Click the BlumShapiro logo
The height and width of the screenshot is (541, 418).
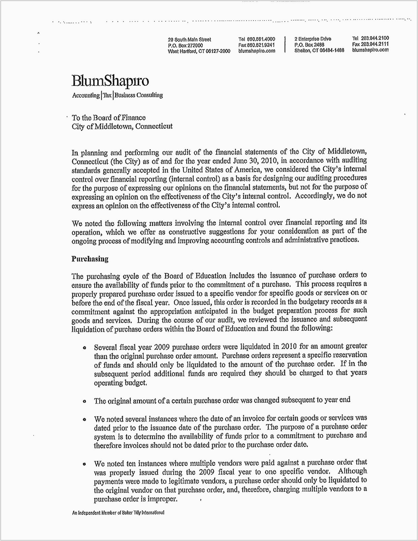pyautogui.click(x=110, y=81)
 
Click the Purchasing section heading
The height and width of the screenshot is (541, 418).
pyautogui.click(x=90, y=259)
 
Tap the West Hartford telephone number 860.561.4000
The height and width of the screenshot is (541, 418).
pyautogui.click(x=261, y=39)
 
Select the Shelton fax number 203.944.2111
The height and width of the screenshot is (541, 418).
pyautogui.click(x=371, y=44)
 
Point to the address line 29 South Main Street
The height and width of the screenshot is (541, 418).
pyautogui.click(x=189, y=39)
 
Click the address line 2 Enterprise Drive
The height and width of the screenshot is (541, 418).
pyautogui.click(x=313, y=39)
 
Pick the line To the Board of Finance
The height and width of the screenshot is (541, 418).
pyautogui.click(x=109, y=118)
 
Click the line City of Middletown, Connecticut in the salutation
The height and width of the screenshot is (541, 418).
pyautogui.click(x=122, y=126)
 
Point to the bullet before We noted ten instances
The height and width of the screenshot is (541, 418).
pyautogui.click(x=84, y=464)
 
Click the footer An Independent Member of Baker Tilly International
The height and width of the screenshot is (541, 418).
pyautogui.click(x=118, y=513)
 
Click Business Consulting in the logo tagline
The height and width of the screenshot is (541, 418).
pyautogui.click(x=139, y=95)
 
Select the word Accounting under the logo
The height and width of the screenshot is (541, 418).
pyautogui.click(x=86, y=95)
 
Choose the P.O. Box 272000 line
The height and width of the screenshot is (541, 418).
pyautogui.click(x=185, y=45)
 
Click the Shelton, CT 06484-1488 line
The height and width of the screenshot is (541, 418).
pyautogui.click(x=319, y=51)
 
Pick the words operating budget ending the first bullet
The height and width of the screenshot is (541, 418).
pyautogui.click(x=120, y=383)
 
